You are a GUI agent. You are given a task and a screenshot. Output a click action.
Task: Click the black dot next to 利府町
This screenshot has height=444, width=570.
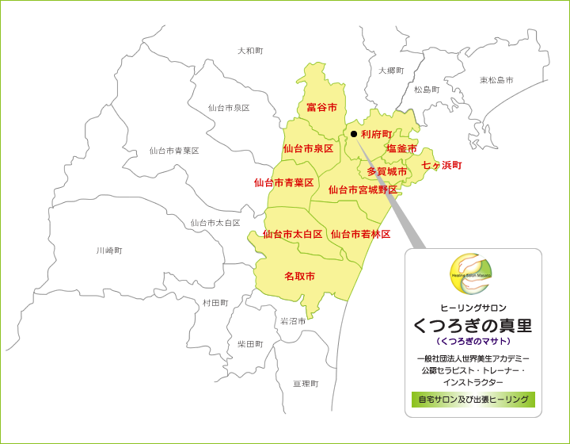[354, 134]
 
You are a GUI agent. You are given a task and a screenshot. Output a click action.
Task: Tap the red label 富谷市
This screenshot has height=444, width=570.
[321, 107]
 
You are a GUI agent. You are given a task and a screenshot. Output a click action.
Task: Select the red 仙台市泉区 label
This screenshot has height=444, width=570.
[308, 148]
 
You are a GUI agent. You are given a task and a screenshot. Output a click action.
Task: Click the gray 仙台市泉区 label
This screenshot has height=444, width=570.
[229, 108]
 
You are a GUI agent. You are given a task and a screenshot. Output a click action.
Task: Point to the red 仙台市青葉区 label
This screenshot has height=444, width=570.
[283, 182]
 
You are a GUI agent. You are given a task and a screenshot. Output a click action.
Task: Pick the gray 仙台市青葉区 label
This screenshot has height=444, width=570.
[174, 151]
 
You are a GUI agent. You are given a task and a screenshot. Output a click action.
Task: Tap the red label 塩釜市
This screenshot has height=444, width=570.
[401, 148]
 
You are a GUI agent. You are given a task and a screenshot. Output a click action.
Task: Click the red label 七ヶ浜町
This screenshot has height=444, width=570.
[441, 166]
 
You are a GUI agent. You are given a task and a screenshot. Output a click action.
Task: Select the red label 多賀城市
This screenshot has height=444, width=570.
[386, 171]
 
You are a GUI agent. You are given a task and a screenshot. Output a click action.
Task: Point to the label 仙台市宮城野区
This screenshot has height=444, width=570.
[363, 189]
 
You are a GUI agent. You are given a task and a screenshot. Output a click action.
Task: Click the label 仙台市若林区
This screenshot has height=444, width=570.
[360, 234]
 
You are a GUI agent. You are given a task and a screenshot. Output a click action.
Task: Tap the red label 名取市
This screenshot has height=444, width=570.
[299, 276]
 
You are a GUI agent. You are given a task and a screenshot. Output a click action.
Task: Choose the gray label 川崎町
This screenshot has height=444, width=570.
[109, 251]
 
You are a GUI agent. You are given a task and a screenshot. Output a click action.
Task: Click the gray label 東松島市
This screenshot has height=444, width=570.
[496, 80]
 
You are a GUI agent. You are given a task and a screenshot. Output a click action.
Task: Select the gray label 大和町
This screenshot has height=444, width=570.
[250, 51]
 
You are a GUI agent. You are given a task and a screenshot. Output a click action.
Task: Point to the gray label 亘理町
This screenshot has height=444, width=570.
[306, 384]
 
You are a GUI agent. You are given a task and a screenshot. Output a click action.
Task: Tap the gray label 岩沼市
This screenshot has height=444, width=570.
[293, 321]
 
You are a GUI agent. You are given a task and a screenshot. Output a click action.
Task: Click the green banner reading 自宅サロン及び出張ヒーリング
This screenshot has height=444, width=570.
[473, 400]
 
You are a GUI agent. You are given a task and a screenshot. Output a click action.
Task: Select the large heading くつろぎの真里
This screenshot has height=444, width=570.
[473, 325]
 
